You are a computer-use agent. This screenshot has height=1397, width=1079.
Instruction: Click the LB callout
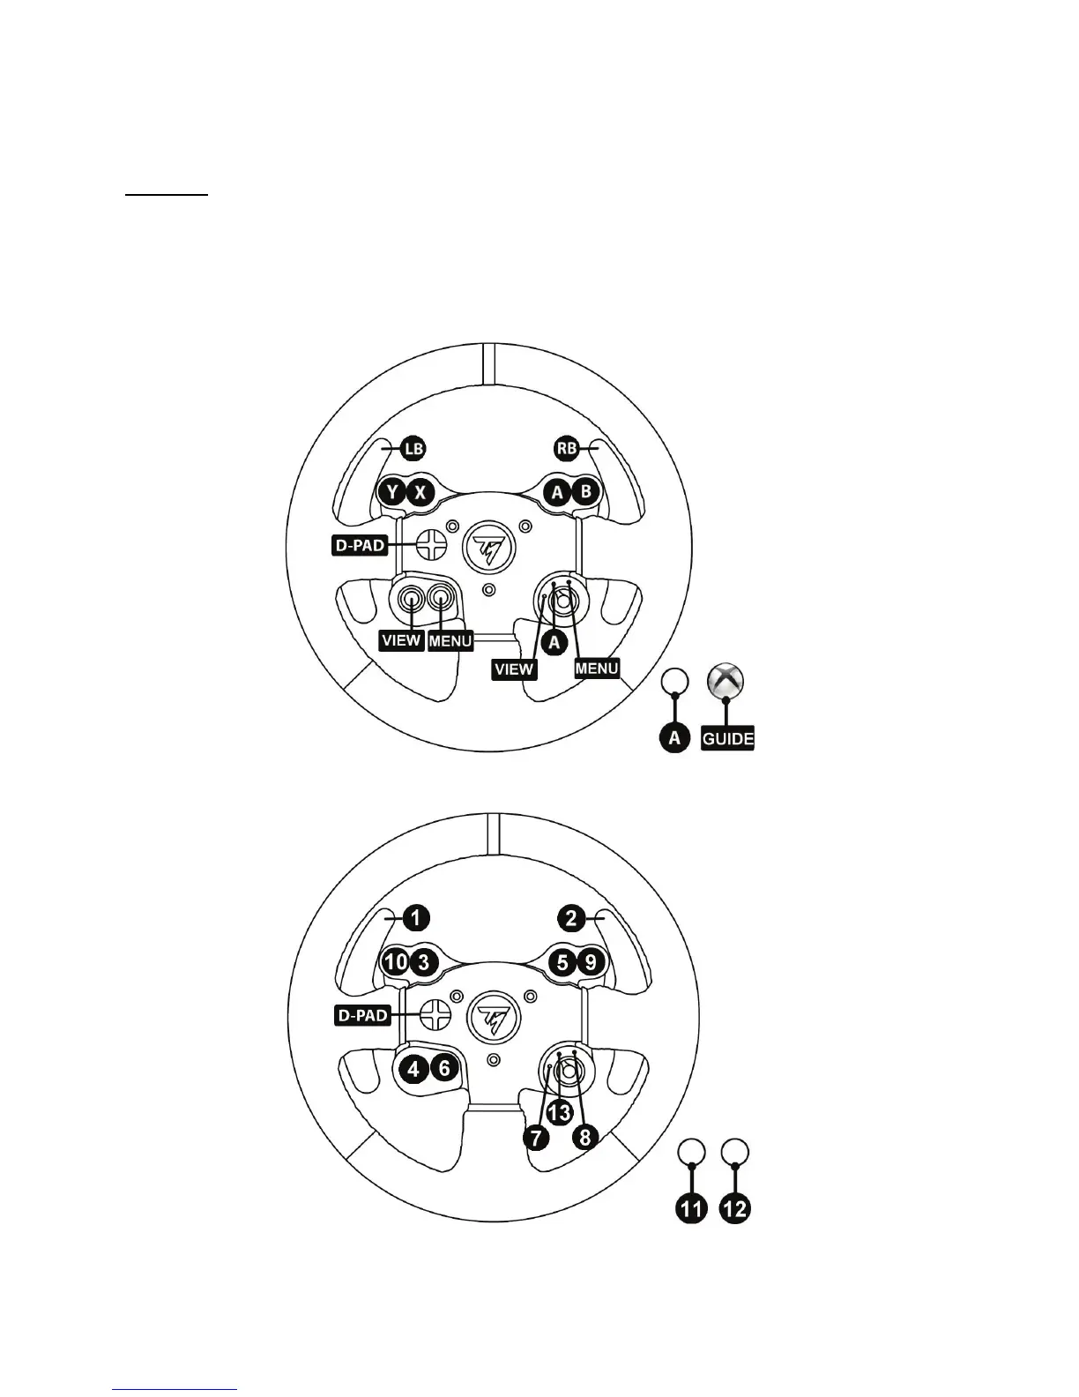point(413,449)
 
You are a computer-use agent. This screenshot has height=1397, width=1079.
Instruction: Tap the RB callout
point(565,449)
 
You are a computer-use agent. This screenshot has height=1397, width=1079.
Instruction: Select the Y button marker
point(392,492)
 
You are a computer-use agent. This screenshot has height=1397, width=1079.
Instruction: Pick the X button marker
point(420,492)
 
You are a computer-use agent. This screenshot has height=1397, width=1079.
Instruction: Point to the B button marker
point(584,492)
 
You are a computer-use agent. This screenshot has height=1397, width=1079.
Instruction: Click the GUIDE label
point(727,738)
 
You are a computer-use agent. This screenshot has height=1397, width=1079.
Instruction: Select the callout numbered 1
point(416,918)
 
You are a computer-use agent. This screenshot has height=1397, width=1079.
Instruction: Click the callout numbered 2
point(571,918)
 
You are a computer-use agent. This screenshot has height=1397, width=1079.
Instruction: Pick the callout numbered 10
point(395,961)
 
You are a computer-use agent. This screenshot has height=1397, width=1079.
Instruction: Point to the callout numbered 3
point(423,961)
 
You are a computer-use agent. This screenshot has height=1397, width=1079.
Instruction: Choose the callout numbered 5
point(562,961)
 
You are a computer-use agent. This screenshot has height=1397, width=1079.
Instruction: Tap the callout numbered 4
point(412,1069)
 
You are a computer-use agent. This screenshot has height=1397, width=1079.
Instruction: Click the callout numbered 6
point(444,1069)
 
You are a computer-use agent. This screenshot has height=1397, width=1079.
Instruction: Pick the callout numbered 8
point(584,1138)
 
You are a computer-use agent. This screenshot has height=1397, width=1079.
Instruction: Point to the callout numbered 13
point(559,1112)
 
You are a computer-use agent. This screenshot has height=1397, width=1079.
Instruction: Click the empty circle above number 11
point(692,1151)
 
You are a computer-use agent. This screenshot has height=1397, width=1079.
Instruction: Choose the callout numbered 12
point(735,1207)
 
